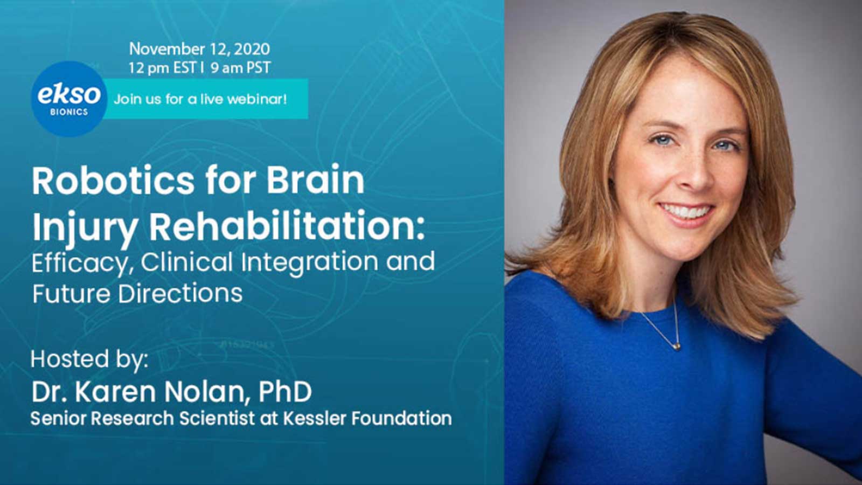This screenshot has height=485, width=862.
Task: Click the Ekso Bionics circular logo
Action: (69, 99)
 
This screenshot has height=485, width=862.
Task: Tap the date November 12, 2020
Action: (199, 49)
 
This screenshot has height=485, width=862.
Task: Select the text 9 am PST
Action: (240, 68)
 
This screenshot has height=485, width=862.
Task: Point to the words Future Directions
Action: (137, 293)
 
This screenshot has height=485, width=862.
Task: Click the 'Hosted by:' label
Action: (89, 359)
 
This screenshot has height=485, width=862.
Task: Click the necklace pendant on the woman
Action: (677, 346)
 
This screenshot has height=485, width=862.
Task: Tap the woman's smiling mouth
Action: (686, 212)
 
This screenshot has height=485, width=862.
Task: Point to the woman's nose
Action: (697, 173)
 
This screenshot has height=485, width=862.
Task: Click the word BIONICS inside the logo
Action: (69, 113)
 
